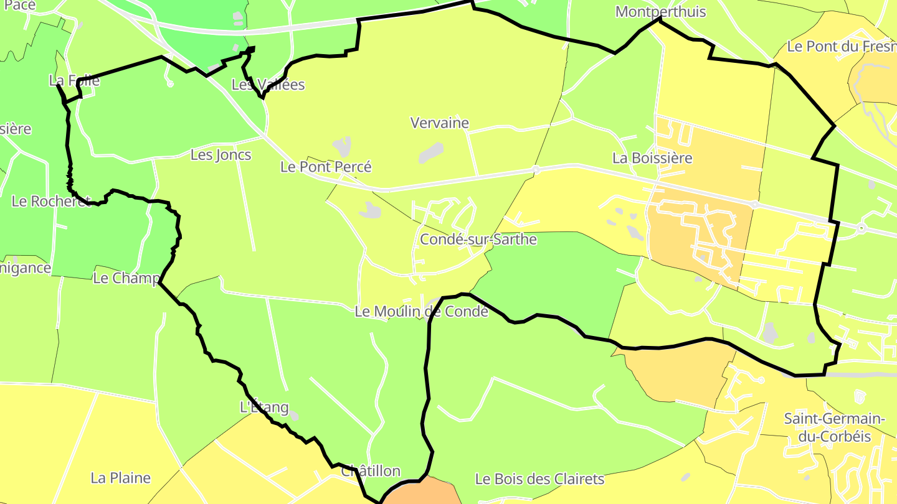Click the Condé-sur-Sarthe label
pos(478,240)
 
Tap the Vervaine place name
pos(440,123)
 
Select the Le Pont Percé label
pos(326,167)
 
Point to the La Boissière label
pos(652,158)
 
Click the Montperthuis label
pos(660,12)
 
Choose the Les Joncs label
pos(221,155)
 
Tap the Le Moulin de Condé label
pos(421,312)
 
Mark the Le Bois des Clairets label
pos(539,479)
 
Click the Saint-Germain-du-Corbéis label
pos(835,427)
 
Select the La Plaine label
pos(121,478)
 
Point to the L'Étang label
pos(264,408)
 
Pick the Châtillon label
pos(371,471)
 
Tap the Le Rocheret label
pos(51,202)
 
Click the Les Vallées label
pos(268,85)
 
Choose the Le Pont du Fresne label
pos(841,46)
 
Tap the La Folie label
pos(74,80)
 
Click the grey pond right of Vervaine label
pos(431,152)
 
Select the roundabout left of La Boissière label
pos(536,169)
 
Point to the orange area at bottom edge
pos(421,492)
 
